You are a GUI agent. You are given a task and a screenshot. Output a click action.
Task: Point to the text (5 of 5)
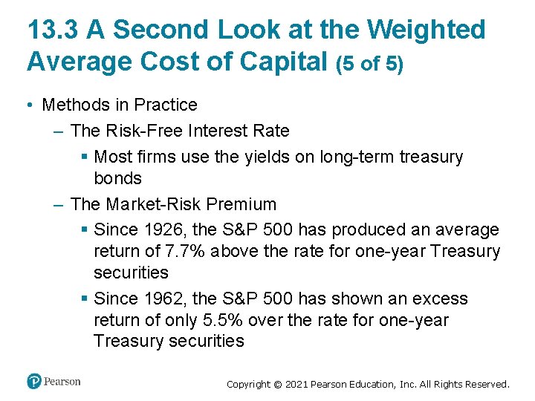[370, 64]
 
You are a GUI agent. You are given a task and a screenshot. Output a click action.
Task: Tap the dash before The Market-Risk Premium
[59, 204]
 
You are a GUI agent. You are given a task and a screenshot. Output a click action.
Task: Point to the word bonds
[117, 178]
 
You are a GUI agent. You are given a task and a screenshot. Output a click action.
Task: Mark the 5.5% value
[220, 320]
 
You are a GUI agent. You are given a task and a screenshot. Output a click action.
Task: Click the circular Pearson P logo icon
[34, 382]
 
